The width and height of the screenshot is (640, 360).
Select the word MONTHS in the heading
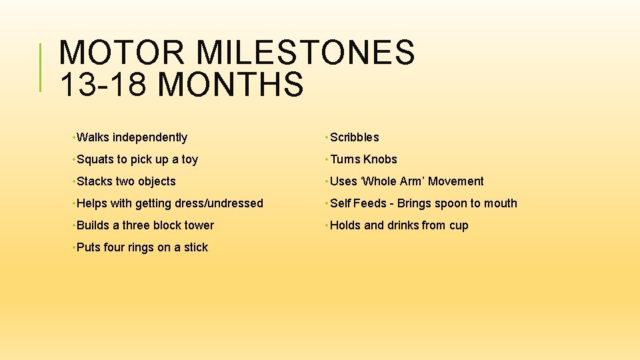[x=232, y=85]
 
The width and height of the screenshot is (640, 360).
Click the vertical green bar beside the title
[x=41, y=67]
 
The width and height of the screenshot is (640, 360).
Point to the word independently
[x=150, y=137]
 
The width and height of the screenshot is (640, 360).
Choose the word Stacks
[x=95, y=181]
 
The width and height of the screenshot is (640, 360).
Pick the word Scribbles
[x=355, y=137]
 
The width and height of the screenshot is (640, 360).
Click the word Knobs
[x=380, y=159]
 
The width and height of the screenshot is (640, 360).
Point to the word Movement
[x=456, y=181]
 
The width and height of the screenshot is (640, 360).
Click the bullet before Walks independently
[x=72, y=137]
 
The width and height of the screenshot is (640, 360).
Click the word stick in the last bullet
[x=196, y=247]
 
